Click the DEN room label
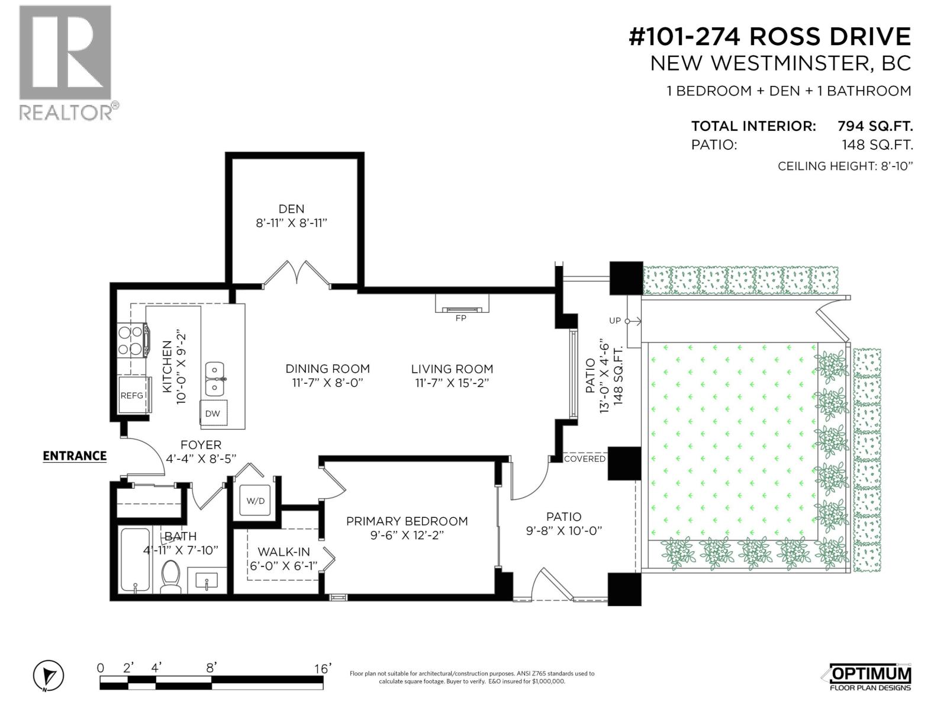pos(291,209)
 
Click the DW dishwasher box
pos(212,414)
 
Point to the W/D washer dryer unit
pos(256,501)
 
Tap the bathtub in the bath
pos(135,560)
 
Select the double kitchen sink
pos(215,379)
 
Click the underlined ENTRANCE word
pos(75,456)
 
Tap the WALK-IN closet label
pos(284,552)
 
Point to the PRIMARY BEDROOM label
pos(407,521)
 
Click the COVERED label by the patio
pos(584,459)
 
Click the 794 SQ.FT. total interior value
pos(875,126)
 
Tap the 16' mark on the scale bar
pos(323,668)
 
